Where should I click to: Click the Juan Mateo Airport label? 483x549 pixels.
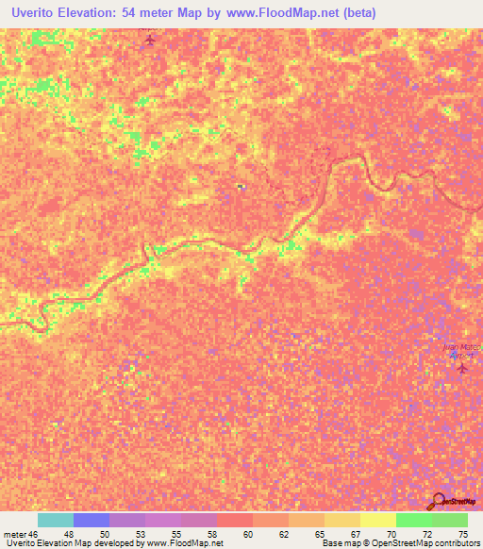462,351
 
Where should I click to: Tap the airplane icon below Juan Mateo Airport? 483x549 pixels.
461,368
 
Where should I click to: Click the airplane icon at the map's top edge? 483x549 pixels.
148,41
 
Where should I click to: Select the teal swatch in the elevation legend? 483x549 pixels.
56,520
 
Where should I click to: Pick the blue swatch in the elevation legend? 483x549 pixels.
92,520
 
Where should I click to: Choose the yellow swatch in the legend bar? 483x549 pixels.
377,520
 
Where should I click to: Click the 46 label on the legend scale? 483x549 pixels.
36,533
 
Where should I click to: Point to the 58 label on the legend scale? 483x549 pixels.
216,533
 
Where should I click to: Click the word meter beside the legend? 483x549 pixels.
14,533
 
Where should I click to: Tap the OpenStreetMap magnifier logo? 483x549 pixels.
438,501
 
